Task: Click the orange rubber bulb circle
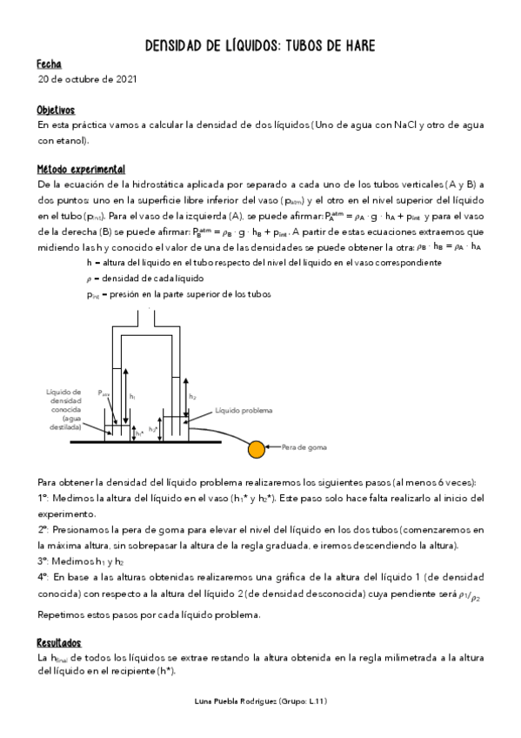pos(256,449)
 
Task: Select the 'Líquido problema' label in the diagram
pos(244,410)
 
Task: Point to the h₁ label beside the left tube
pos(132,396)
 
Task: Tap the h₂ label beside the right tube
pos(192,396)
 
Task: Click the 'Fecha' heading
pos(49,64)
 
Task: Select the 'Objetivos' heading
pos(56,111)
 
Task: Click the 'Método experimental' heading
pos(81,169)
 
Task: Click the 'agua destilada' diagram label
pos(65,423)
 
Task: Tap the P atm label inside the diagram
pos(104,392)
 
